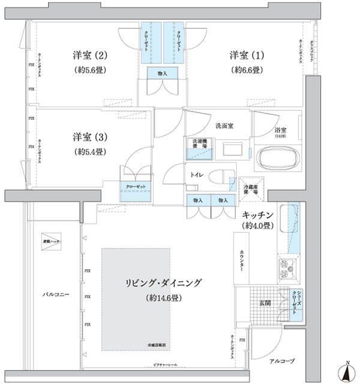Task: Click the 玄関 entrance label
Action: click(265, 303)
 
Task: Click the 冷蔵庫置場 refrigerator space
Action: click(251, 187)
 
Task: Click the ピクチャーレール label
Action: click(161, 364)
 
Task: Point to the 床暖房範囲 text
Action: click(158, 346)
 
